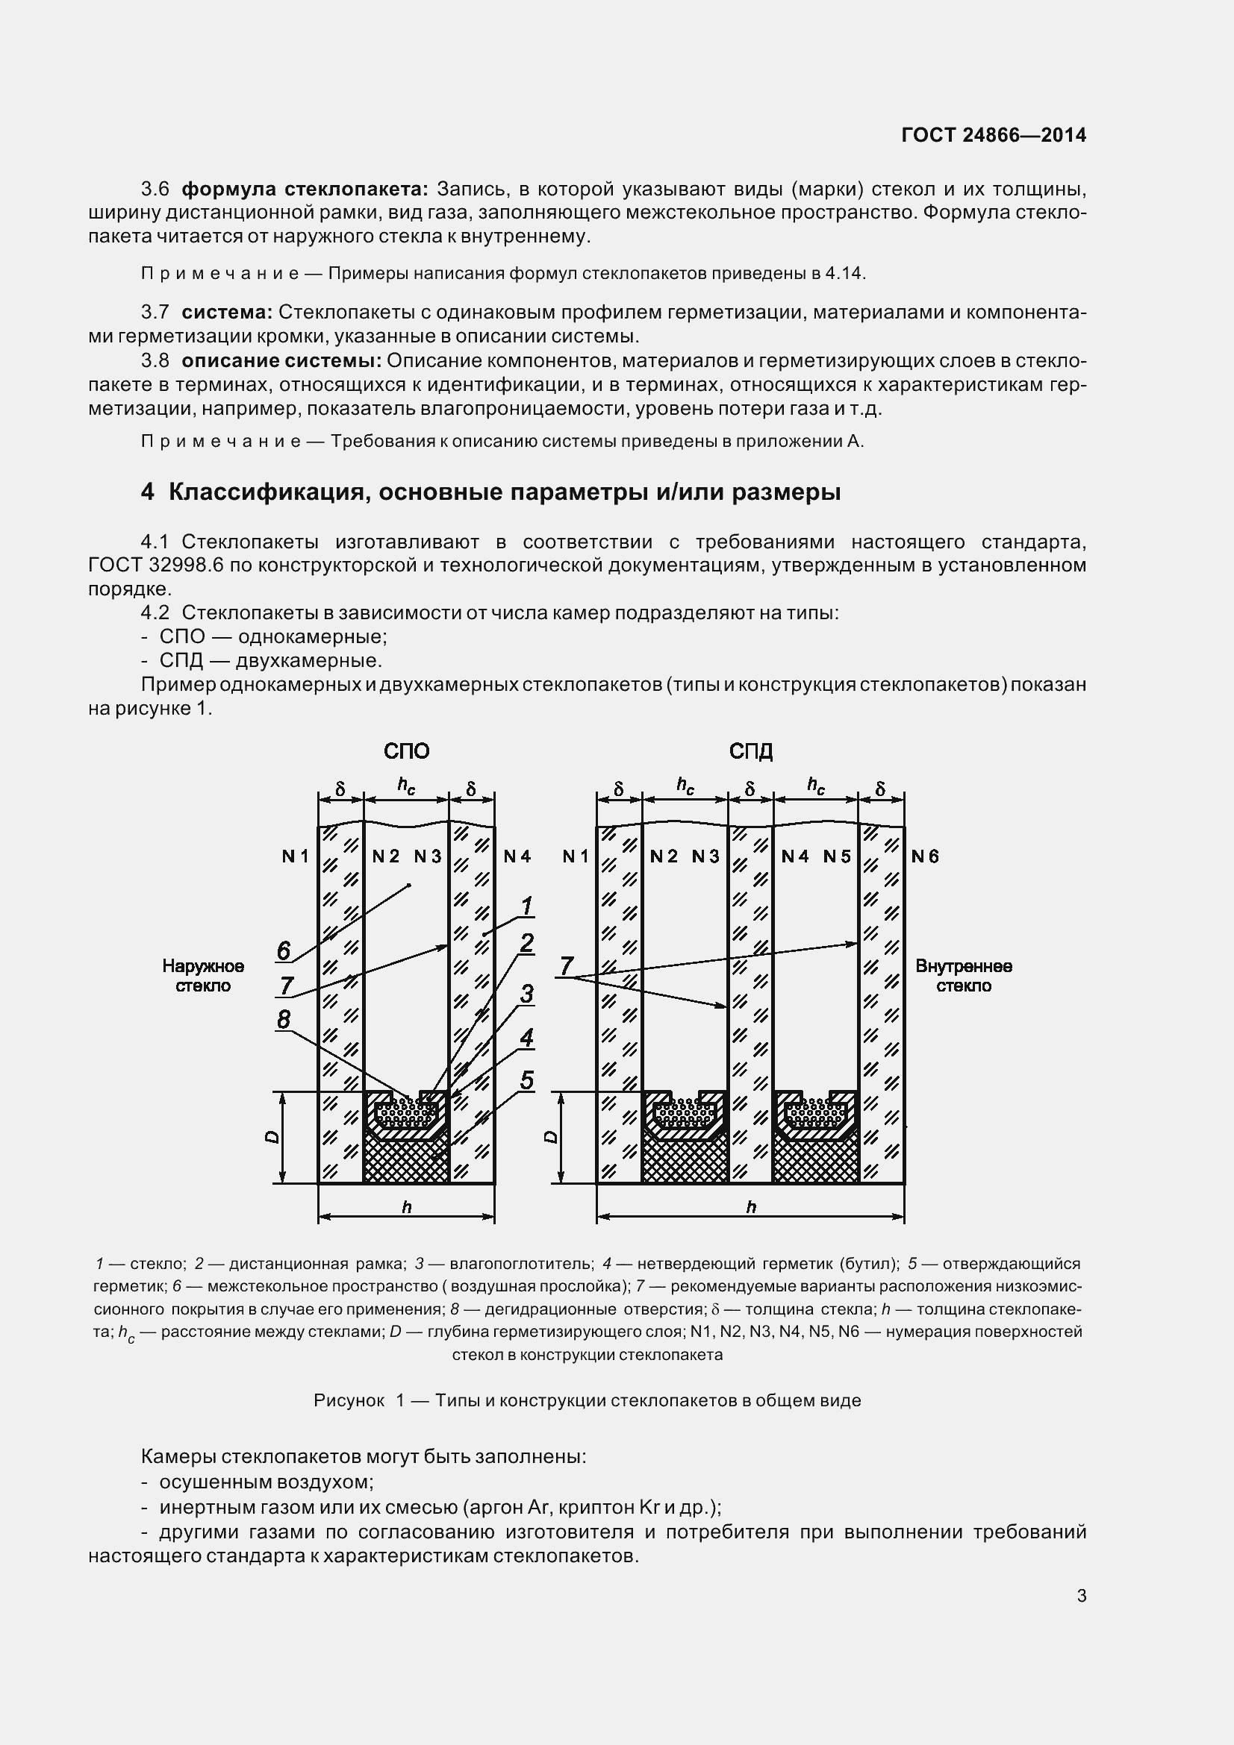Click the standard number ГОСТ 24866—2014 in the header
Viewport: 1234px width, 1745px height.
coord(993,135)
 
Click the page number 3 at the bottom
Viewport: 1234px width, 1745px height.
coord(1081,1596)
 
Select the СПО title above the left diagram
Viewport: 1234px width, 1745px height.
coord(406,752)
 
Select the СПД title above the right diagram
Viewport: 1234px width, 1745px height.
coord(750,752)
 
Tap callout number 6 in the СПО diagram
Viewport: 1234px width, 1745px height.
coord(283,950)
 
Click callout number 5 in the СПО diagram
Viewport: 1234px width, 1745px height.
coord(526,1080)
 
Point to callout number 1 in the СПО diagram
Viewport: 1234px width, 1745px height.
coord(526,906)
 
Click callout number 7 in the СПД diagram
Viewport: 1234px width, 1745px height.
coord(566,966)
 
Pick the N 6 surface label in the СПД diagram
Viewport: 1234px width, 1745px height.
coord(925,856)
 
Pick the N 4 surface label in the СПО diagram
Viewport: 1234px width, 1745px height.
coord(517,856)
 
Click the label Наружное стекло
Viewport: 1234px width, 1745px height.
coord(203,976)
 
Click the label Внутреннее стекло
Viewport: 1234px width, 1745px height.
coord(963,976)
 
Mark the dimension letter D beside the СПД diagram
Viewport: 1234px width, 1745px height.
coord(552,1137)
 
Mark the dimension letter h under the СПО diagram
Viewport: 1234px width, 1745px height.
coord(406,1207)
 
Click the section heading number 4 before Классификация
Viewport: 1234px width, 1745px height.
coord(147,492)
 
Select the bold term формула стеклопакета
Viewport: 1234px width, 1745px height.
coord(305,189)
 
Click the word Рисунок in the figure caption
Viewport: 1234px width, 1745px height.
coord(348,1400)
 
